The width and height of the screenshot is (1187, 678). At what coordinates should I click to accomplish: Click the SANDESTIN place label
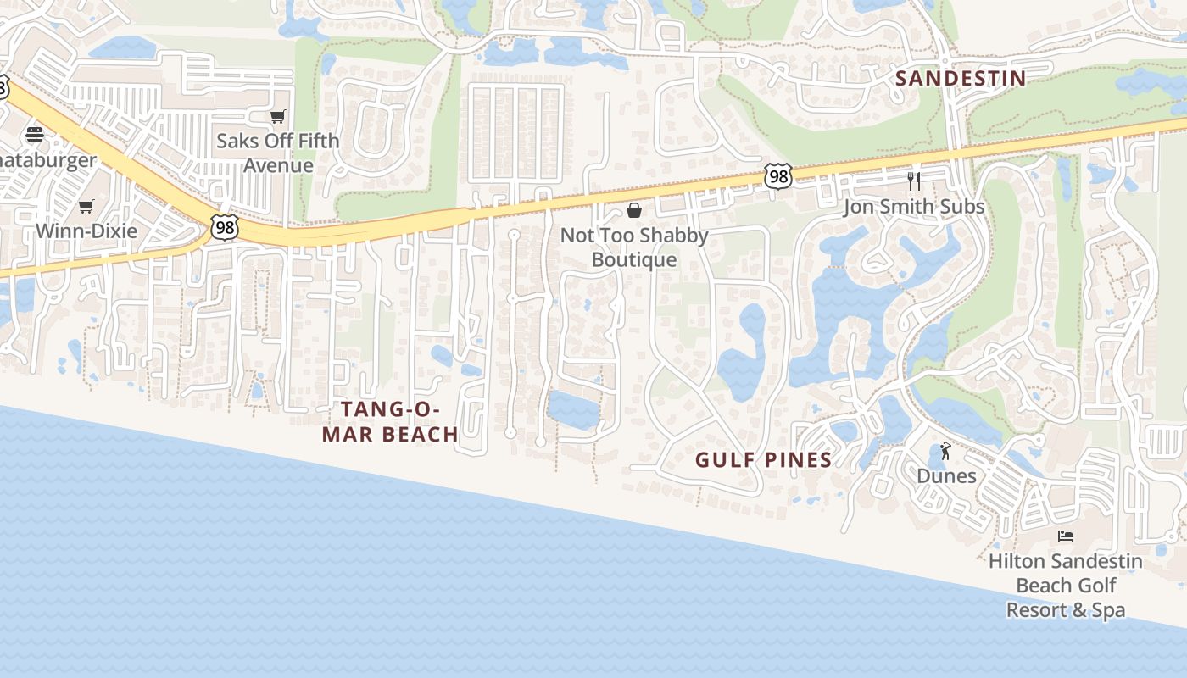pos(961,79)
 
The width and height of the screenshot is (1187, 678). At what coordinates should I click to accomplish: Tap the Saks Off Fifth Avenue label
pos(278,153)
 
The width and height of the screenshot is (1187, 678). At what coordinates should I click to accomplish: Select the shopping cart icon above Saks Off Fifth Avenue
pos(277,117)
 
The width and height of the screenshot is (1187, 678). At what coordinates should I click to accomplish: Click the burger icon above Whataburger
pos(35,134)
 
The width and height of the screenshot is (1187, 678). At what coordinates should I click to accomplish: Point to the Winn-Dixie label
pos(86,231)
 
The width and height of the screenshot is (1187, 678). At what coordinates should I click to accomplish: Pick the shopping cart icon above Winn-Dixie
pos(86,206)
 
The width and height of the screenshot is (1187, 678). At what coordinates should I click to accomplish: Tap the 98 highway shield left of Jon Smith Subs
pos(777,176)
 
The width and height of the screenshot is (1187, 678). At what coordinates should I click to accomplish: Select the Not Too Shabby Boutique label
pos(634,247)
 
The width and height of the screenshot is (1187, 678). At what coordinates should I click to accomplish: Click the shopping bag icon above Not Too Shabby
pos(633,210)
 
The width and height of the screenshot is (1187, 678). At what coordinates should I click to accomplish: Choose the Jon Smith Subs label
pos(914,207)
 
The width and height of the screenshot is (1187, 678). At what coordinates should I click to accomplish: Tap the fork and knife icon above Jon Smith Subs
pos(913,181)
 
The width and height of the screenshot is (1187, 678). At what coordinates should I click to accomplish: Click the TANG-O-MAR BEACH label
pos(399,422)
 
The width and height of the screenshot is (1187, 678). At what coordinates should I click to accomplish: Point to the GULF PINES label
pos(763,460)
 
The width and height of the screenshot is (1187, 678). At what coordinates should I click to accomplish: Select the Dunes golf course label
pos(946,475)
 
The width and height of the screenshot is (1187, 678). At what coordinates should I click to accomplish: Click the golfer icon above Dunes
pos(946,451)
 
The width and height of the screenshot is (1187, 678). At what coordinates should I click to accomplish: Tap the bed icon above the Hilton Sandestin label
pos(1066,536)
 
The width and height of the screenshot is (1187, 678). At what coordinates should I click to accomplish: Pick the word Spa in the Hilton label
pos(1108,610)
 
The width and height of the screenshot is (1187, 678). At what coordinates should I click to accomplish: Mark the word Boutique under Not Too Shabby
pos(634,259)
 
